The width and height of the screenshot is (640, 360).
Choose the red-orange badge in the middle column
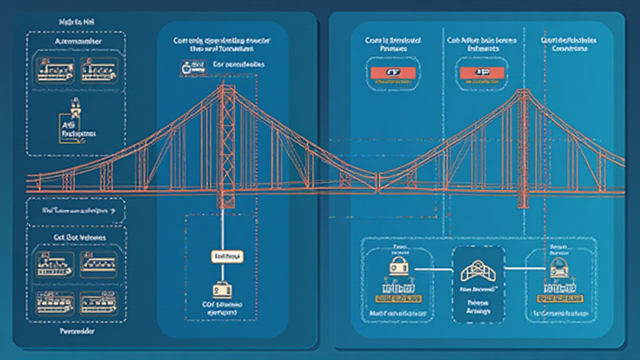482,72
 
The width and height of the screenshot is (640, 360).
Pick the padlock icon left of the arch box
398,267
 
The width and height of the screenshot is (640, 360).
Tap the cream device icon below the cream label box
222,290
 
